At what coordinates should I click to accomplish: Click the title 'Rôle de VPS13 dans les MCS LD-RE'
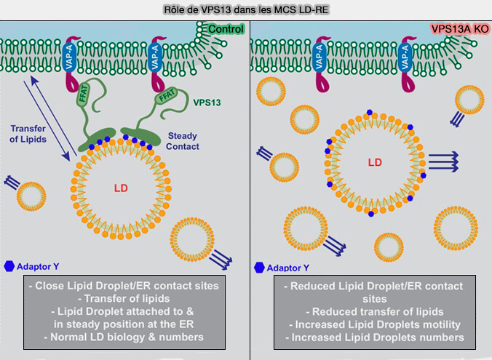(245, 9)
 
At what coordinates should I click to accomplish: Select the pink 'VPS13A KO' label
(459, 28)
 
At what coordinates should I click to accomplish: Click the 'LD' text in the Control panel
(121, 188)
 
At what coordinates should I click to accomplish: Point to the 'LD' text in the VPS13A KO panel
(374, 161)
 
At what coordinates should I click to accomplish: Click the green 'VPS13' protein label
(207, 103)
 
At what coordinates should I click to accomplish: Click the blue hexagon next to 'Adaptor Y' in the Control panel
(10, 266)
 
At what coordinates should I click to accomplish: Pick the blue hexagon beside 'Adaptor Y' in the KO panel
(260, 267)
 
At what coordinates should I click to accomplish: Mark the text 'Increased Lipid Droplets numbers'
(370, 337)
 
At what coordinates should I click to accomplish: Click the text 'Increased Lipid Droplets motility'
(370, 324)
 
